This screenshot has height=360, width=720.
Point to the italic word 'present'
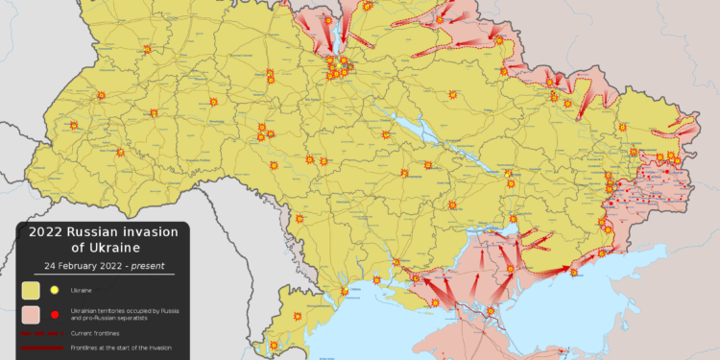[x=146, y=265]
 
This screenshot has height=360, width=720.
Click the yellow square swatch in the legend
[x=32, y=289]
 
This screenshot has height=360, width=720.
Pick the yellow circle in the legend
[x=55, y=289]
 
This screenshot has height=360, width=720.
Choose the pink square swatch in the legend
[x=32, y=314]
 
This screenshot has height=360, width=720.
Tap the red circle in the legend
[x=55, y=314]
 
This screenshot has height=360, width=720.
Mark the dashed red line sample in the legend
[x=41, y=332]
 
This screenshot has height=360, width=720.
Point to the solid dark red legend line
[x=41, y=348]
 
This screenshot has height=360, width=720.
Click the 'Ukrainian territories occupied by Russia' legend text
[x=125, y=310]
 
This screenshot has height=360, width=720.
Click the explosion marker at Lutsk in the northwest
[x=147, y=50]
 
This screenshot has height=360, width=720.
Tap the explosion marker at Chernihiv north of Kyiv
[x=368, y=5]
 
